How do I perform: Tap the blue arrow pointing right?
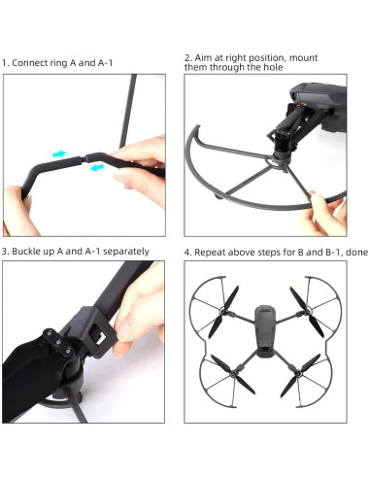pyautogui.click(x=60, y=153)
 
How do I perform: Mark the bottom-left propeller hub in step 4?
pyautogui.click(x=223, y=379)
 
